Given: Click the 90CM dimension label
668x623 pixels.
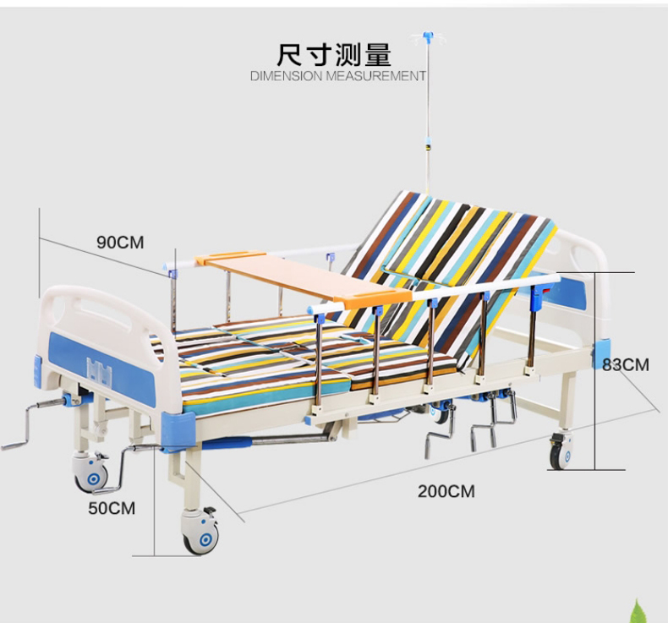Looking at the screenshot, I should tap(120, 243).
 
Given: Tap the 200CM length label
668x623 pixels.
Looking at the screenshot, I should tap(446, 491).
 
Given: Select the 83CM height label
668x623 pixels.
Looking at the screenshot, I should tap(625, 365).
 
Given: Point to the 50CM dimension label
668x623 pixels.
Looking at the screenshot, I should tap(112, 508).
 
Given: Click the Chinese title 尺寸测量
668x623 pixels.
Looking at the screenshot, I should tap(335, 55).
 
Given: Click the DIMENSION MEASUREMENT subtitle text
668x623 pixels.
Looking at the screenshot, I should tap(338, 76).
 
